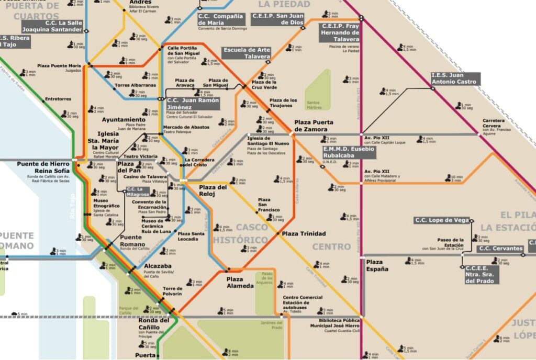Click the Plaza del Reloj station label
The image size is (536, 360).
[213, 190]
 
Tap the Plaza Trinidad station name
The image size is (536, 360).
[304, 233]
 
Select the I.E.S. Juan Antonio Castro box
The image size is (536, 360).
[454, 78]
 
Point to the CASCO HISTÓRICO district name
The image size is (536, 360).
[240, 233]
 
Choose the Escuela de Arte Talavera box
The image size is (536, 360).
[247, 53]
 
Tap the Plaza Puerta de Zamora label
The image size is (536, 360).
[314, 126]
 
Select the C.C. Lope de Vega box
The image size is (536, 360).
[442, 220]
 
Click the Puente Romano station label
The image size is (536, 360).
[131, 240]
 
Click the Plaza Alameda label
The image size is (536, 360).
[240, 283]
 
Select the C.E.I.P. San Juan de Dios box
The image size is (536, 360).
[277, 19]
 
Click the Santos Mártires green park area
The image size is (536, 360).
[318, 89]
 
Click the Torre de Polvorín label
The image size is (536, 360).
[172, 291]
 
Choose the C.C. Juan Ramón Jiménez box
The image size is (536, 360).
[192, 103]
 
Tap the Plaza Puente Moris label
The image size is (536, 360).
[59, 66]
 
